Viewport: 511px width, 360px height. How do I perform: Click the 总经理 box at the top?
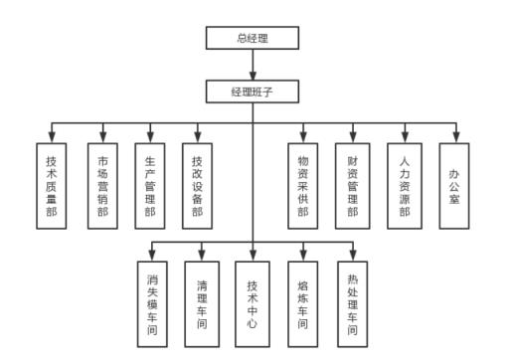253,39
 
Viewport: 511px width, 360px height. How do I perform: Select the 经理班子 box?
253,91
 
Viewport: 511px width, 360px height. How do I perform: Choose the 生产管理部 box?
149,185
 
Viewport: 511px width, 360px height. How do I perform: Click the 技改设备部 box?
197,185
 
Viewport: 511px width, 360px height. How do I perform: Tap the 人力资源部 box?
403,185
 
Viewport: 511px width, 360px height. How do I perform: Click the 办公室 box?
453,185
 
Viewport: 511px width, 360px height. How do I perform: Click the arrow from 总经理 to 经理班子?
253,65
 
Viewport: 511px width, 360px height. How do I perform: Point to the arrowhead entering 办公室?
453,138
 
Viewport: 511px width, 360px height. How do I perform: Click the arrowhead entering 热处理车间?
353,256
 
